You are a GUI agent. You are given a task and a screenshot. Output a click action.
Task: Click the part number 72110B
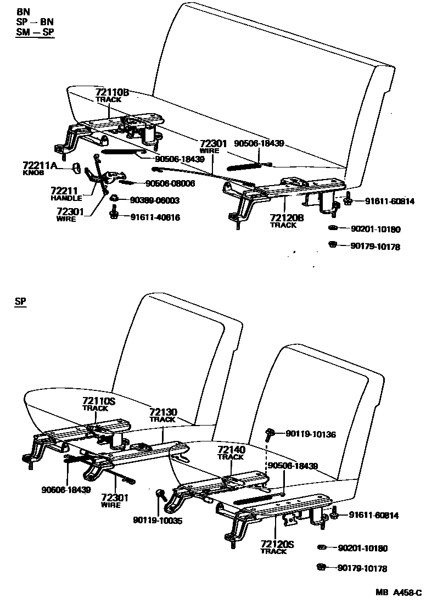pos(112,92)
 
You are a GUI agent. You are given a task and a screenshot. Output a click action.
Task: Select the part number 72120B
pos(287,218)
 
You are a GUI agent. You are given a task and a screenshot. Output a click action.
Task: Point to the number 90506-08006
pos(170,183)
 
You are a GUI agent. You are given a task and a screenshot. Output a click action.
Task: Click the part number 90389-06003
pos(155,200)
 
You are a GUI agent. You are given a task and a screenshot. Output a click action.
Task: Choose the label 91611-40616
pos(155,217)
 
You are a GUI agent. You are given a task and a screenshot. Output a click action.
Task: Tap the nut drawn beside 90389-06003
pos(114,198)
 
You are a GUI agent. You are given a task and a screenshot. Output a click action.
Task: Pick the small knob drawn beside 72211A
pos(77,166)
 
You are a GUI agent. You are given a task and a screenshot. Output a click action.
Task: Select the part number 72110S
pos(99,401)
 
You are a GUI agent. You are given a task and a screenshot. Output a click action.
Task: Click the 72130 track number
pos(162,412)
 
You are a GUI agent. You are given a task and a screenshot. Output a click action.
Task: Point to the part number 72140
pos(231,450)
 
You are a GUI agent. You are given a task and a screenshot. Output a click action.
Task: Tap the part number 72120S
pos(277,544)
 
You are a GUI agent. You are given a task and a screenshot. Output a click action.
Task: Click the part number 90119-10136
pos(311,434)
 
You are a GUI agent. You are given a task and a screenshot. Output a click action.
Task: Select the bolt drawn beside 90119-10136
pos(271,434)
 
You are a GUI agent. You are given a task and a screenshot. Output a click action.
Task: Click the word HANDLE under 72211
pos(66,198)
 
